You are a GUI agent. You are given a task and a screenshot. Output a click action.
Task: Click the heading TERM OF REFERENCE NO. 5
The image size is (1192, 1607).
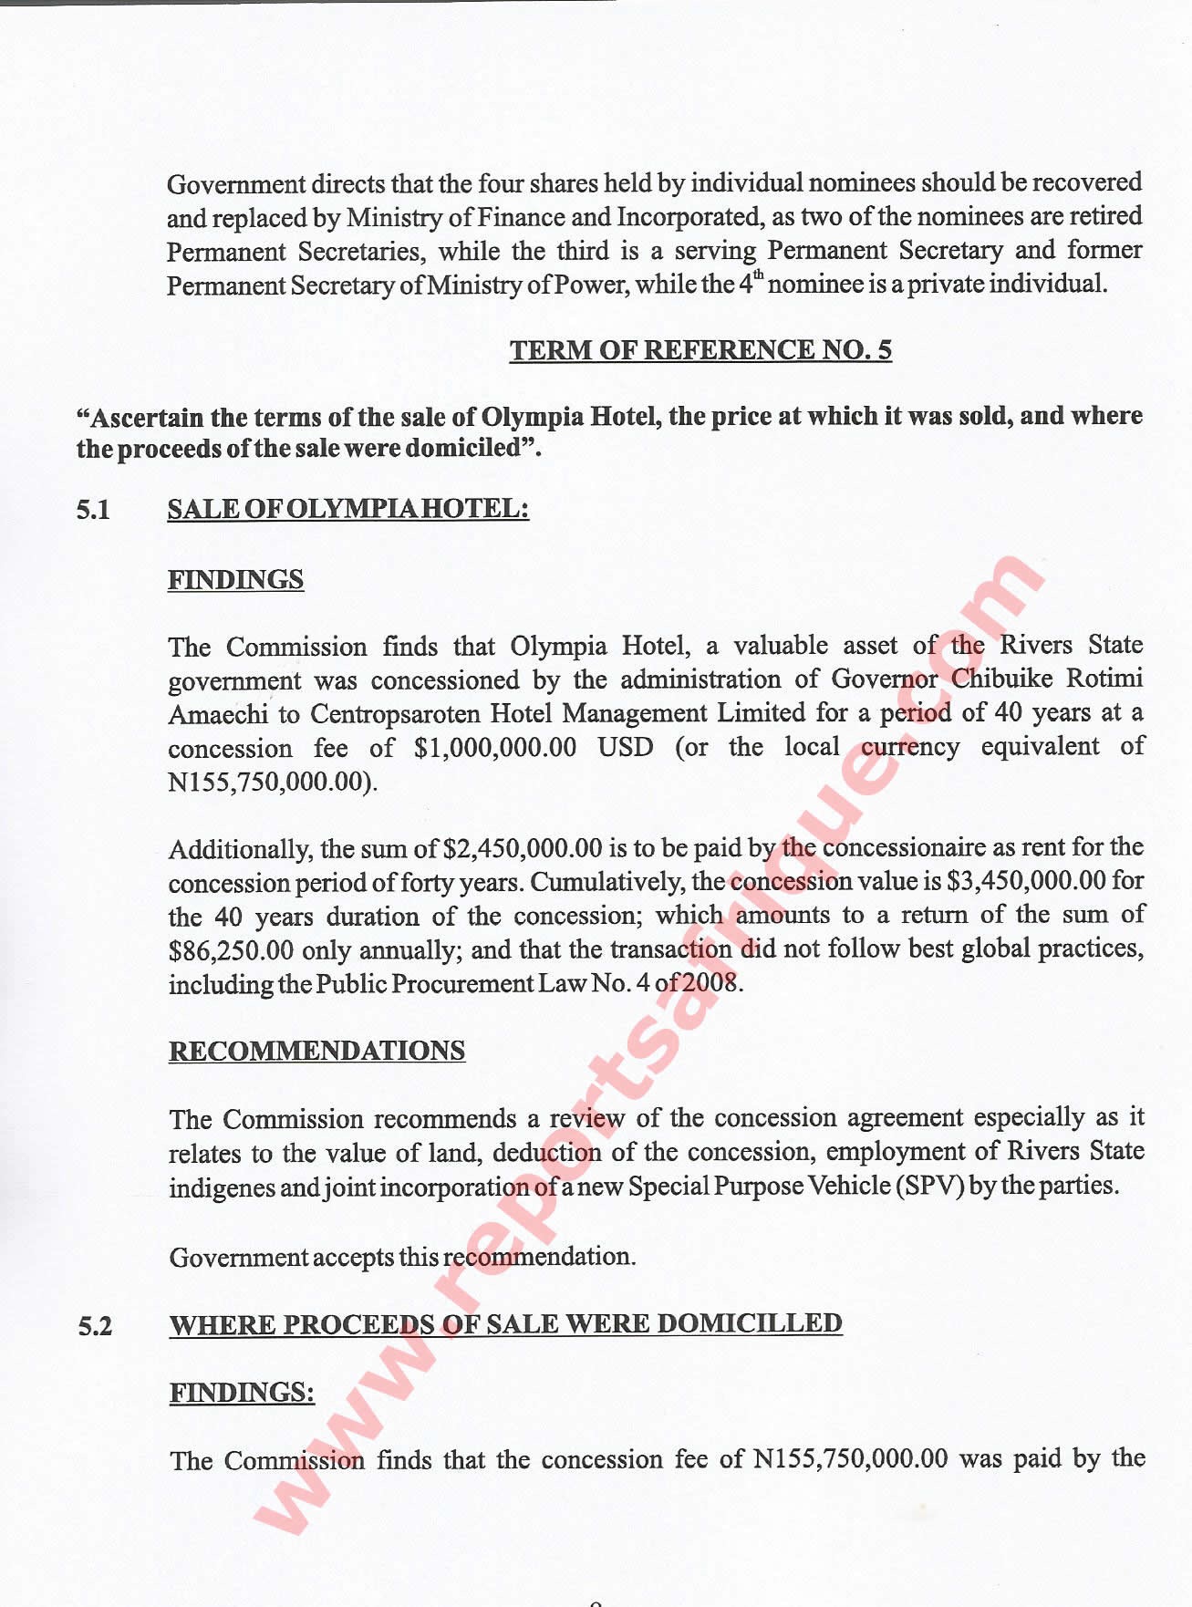(700, 350)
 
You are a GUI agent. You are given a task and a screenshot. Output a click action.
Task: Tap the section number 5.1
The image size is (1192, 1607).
(93, 511)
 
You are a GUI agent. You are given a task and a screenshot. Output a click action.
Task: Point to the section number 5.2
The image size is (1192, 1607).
(95, 1326)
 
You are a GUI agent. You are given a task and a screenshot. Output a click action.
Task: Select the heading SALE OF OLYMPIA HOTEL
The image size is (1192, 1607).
(347, 509)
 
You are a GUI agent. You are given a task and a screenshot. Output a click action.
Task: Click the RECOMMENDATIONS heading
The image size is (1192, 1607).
(316, 1051)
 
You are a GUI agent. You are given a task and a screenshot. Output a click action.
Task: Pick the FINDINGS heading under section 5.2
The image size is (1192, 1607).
(242, 1393)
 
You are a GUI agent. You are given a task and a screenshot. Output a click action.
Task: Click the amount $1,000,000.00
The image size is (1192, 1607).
(494, 748)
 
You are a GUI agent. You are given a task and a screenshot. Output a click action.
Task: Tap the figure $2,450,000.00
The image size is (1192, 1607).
(522, 849)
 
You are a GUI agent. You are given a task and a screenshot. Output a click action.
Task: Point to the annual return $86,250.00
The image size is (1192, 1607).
(231, 951)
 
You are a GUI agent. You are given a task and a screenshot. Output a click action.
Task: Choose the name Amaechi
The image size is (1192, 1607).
(217, 714)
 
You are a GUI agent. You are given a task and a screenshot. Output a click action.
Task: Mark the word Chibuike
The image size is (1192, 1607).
(1002, 679)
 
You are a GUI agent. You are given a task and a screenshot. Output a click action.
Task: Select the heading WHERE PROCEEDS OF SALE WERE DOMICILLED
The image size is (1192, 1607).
(505, 1324)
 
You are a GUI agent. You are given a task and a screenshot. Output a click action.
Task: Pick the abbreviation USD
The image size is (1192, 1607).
(626, 748)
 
